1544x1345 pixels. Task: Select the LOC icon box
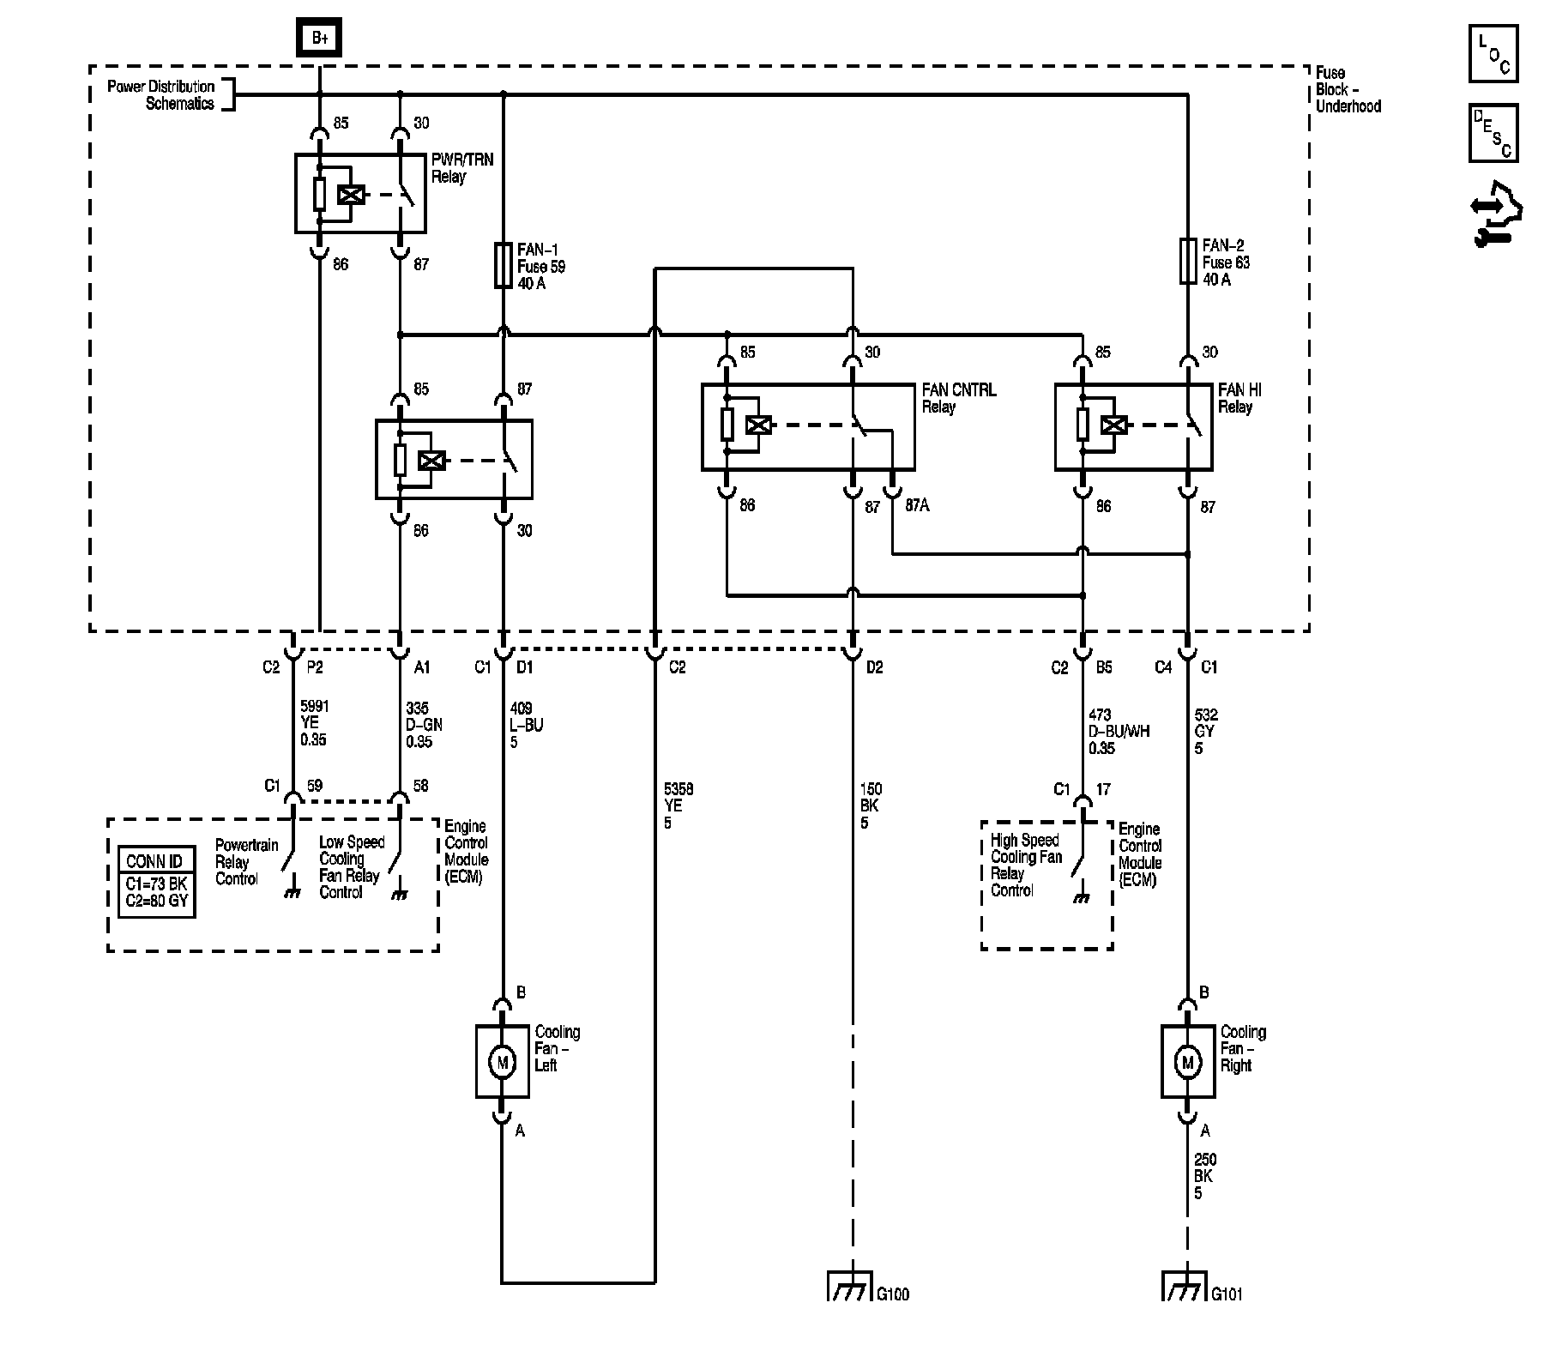click(1493, 54)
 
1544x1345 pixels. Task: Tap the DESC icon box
click(1493, 134)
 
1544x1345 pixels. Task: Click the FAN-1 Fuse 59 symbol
click(503, 265)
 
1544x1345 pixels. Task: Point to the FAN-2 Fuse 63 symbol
click(1187, 261)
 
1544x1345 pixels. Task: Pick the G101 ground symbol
click(1185, 1288)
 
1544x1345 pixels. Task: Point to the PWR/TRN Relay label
click(461, 168)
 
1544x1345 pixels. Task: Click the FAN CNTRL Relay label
click(958, 398)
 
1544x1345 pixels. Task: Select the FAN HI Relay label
click(1239, 398)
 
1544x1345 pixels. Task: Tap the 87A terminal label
click(916, 505)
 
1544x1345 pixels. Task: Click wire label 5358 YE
click(678, 805)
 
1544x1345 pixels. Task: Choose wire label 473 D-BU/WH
click(1119, 731)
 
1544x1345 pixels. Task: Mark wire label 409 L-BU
click(526, 725)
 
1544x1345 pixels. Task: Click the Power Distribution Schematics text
click(161, 94)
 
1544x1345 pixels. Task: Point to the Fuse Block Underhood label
click(1348, 89)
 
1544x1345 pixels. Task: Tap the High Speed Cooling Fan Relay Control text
click(1026, 866)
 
